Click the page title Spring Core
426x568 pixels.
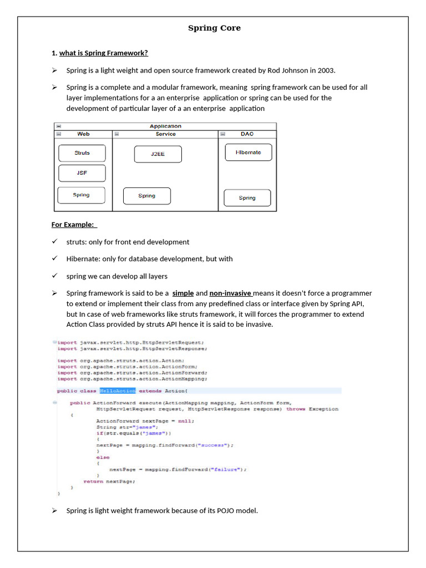(x=214, y=28)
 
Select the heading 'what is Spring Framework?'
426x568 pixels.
(x=104, y=53)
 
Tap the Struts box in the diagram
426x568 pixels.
(x=82, y=153)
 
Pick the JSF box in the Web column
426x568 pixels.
(x=82, y=173)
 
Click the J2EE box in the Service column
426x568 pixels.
(x=158, y=154)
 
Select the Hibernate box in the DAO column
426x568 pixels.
(x=248, y=153)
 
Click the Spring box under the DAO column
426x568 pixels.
(x=247, y=198)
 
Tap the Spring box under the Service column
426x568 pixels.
(x=147, y=196)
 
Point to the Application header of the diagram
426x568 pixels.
(x=165, y=126)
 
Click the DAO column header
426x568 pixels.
(x=247, y=134)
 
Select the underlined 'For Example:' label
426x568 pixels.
(x=74, y=225)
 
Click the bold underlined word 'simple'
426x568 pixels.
(x=182, y=293)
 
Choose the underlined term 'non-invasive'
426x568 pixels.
(x=230, y=293)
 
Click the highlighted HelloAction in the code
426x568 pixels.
(x=118, y=391)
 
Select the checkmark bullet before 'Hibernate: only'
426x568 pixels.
(x=54, y=258)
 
